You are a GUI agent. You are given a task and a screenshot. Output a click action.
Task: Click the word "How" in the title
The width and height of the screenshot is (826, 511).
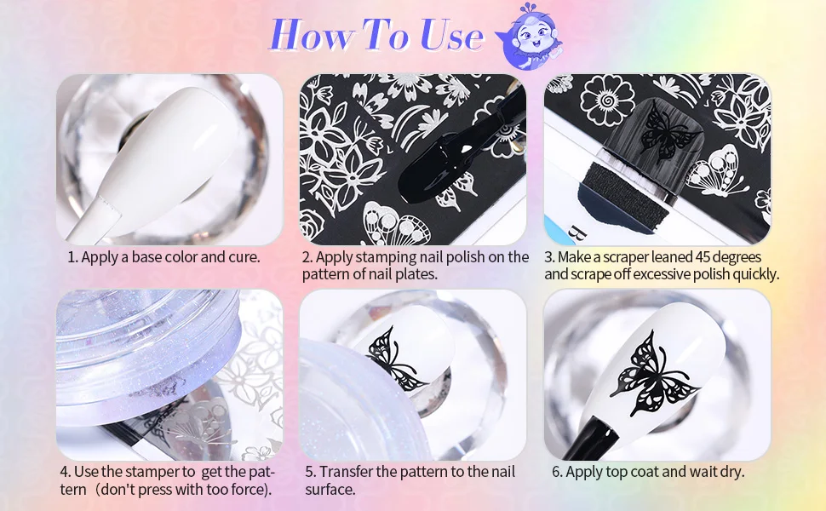tap(312, 35)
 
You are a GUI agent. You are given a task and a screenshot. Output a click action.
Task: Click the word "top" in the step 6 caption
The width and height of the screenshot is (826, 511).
tap(616, 472)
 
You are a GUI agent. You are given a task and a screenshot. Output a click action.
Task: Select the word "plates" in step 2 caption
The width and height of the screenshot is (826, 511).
tap(415, 274)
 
